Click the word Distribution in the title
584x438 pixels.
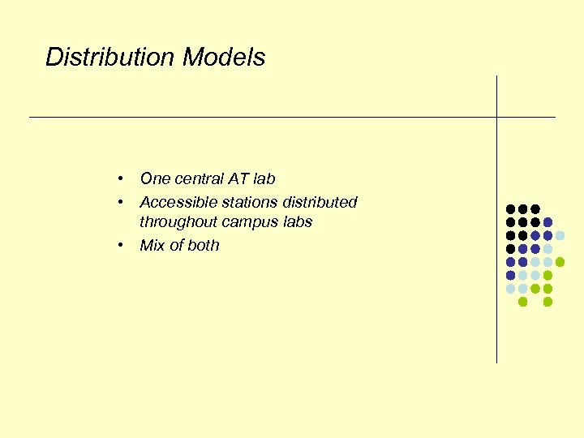(x=111, y=58)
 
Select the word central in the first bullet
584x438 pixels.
(x=195, y=178)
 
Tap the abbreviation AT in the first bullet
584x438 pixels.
(x=238, y=178)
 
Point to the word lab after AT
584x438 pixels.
(x=264, y=178)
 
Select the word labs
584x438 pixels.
(x=296, y=222)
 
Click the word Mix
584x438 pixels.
(x=152, y=246)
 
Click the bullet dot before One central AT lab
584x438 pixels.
(x=119, y=178)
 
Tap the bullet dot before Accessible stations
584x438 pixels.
(x=119, y=202)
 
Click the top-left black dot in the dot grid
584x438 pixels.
(x=510, y=209)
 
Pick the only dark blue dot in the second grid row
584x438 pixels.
(x=547, y=222)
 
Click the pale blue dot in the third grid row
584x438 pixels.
(x=560, y=235)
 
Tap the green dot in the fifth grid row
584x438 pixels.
(x=560, y=262)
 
